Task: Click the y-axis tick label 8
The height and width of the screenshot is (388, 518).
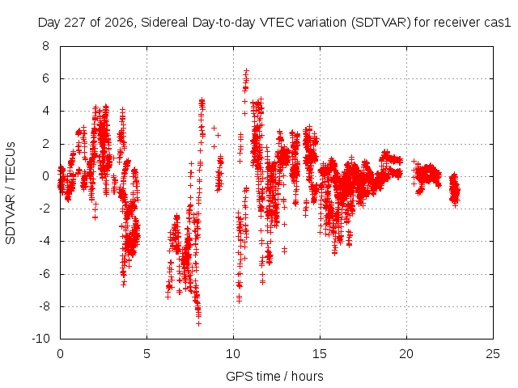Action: click(x=45, y=46)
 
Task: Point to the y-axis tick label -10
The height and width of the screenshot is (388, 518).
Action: click(x=40, y=339)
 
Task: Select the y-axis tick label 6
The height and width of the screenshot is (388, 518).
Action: click(x=45, y=78)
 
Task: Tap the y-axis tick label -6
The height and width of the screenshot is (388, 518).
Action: click(x=44, y=274)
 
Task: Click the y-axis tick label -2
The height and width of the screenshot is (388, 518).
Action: click(x=44, y=209)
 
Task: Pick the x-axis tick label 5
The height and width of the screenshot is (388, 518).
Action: click(x=146, y=354)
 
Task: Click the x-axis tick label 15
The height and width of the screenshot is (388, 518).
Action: click(x=320, y=354)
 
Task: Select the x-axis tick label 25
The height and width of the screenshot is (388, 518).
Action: click(x=493, y=354)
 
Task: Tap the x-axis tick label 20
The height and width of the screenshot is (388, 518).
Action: click(x=406, y=354)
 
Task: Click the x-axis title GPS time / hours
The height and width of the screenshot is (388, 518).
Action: click(x=274, y=376)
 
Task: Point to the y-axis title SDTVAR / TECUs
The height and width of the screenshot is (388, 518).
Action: click(x=11, y=193)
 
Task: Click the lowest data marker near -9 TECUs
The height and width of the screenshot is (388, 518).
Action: click(x=198, y=323)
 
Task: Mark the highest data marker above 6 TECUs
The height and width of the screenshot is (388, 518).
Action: click(x=246, y=70)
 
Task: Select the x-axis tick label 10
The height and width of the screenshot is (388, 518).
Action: click(x=233, y=354)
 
